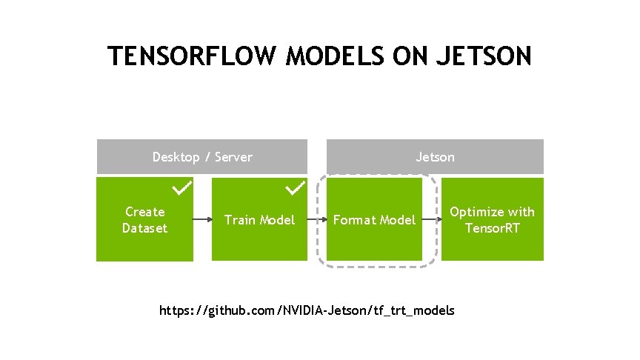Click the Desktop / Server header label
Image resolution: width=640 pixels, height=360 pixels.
click(x=202, y=157)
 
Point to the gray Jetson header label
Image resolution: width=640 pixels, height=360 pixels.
click(x=436, y=157)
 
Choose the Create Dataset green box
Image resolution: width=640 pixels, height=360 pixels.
click(x=144, y=219)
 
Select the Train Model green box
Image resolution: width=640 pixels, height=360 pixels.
click(x=259, y=219)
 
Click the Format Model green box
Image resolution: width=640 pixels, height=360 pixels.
click(x=374, y=219)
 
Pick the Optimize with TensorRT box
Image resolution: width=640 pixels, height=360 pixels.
click(x=493, y=219)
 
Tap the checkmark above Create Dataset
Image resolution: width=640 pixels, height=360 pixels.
click(x=182, y=189)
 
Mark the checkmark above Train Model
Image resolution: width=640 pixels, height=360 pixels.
click(x=296, y=189)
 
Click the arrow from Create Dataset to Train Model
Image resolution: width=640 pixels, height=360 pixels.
click(x=202, y=220)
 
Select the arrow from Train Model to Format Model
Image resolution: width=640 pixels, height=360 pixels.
click(x=317, y=220)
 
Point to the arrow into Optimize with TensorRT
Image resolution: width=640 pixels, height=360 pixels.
click(x=432, y=220)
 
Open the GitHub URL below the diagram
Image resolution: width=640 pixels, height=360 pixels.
click(x=307, y=310)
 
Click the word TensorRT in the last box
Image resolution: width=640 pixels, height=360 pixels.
click(x=493, y=228)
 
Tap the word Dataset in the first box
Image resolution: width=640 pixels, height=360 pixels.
click(x=144, y=228)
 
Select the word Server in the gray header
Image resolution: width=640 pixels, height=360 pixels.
click(x=234, y=157)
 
